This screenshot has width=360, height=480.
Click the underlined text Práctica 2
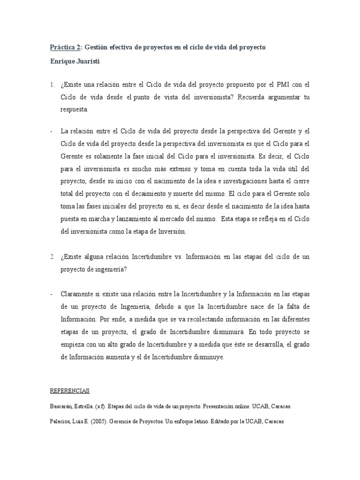pos(66,47)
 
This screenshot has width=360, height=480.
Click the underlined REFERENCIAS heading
pos(69,390)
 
